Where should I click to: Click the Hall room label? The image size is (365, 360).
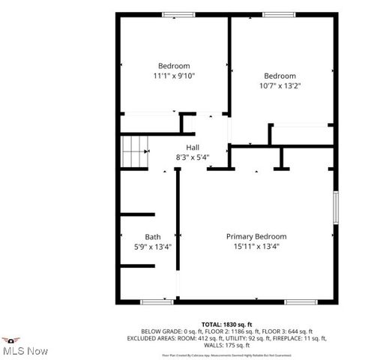pyautogui.click(x=193, y=147)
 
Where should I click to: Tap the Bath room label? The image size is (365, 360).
pyautogui.click(x=152, y=236)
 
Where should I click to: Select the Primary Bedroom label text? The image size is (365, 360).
pyautogui.click(x=256, y=236)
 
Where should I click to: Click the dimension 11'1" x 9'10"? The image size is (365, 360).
pyautogui.click(x=174, y=76)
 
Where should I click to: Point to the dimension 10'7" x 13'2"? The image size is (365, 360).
pyautogui.click(x=280, y=86)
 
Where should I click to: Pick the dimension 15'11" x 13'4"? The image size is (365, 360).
pyautogui.click(x=256, y=247)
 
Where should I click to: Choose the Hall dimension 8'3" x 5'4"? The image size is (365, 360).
pyautogui.click(x=193, y=157)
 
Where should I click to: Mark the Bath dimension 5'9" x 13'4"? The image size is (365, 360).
pyautogui.click(x=152, y=247)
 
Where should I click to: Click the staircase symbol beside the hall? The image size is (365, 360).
pyautogui.click(x=136, y=152)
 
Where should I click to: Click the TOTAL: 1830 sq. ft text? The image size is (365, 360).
pyautogui.click(x=223, y=324)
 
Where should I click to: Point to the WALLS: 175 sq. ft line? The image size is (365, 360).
pyautogui.click(x=223, y=345)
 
